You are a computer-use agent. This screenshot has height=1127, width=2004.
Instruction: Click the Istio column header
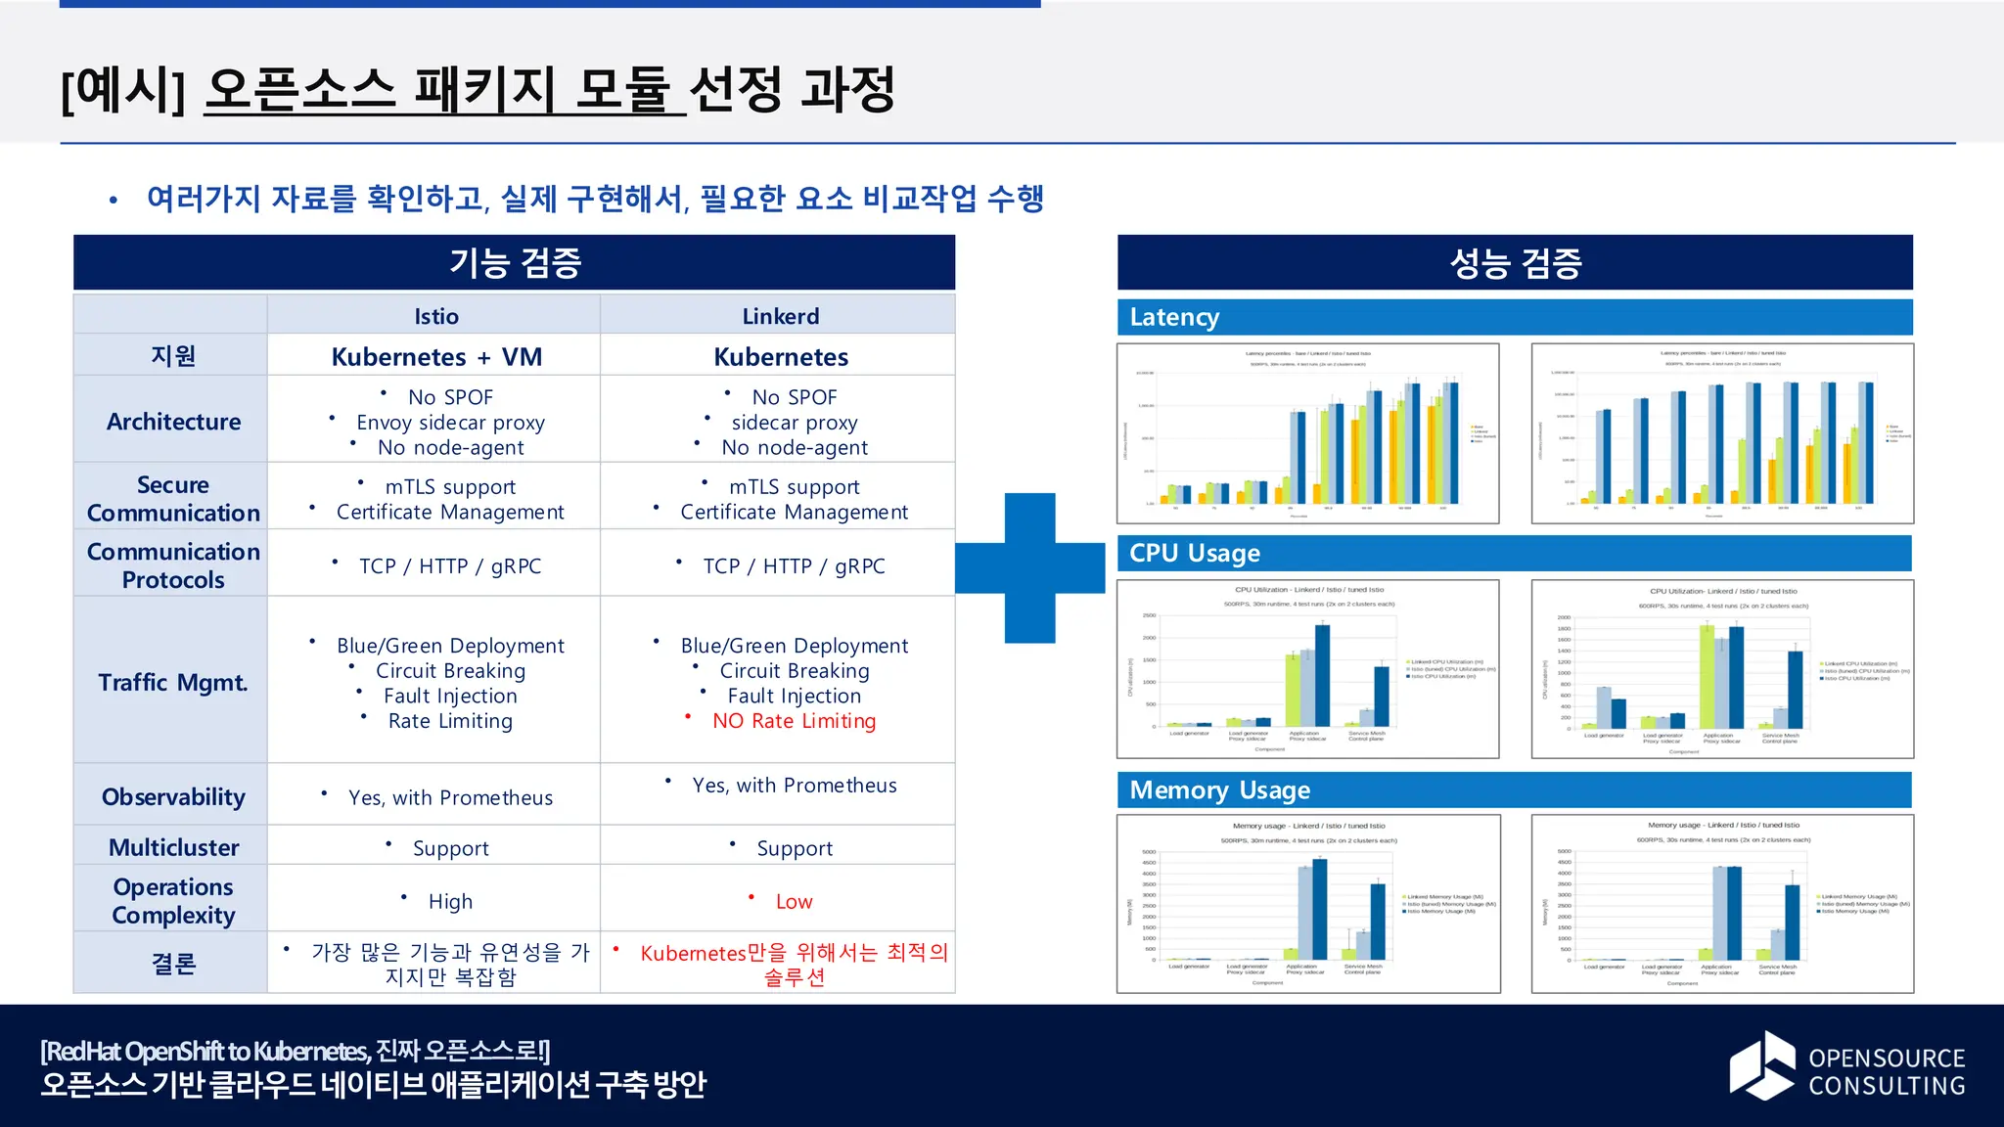[x=435, y=316]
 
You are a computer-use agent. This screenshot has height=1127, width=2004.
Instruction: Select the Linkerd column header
[x=780, y=316]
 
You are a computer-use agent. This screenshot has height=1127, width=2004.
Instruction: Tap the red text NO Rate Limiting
[x=794, y=721]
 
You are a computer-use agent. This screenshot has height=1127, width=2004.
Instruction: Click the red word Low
[x=794, y=902]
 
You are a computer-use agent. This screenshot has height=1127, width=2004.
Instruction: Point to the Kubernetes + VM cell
[x=436, y=357]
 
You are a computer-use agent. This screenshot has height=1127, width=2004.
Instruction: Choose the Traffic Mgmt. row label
[x=173, y=682]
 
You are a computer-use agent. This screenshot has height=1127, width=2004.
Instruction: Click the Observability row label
[x=173, y=797]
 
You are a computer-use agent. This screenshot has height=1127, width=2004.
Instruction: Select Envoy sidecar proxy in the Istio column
[x=450, y=423]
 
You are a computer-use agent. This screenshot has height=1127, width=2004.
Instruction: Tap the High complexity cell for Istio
[x=450, y=902]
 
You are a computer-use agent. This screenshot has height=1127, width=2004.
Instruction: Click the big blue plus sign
[x=1030, y=568]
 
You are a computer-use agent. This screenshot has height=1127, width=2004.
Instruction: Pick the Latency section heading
[x=1174, y=317]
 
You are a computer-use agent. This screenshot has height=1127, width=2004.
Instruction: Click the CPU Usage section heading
[x=1194, y=553]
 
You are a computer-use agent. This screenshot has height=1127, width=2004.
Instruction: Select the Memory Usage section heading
[x=1219, y=789]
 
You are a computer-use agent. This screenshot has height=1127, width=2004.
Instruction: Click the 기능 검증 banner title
[x=515, y=262]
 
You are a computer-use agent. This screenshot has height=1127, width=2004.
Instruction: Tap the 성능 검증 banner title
[x=1515, y=262]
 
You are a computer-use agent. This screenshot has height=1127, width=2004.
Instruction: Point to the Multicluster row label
[x=173, y=847]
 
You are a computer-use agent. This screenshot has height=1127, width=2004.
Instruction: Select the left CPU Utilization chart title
[x=1308, y=590]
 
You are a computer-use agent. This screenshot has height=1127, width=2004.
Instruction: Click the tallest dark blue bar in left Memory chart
[x=1319, y=910]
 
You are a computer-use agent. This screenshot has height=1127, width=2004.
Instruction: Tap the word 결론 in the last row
[x=173, y=964]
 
